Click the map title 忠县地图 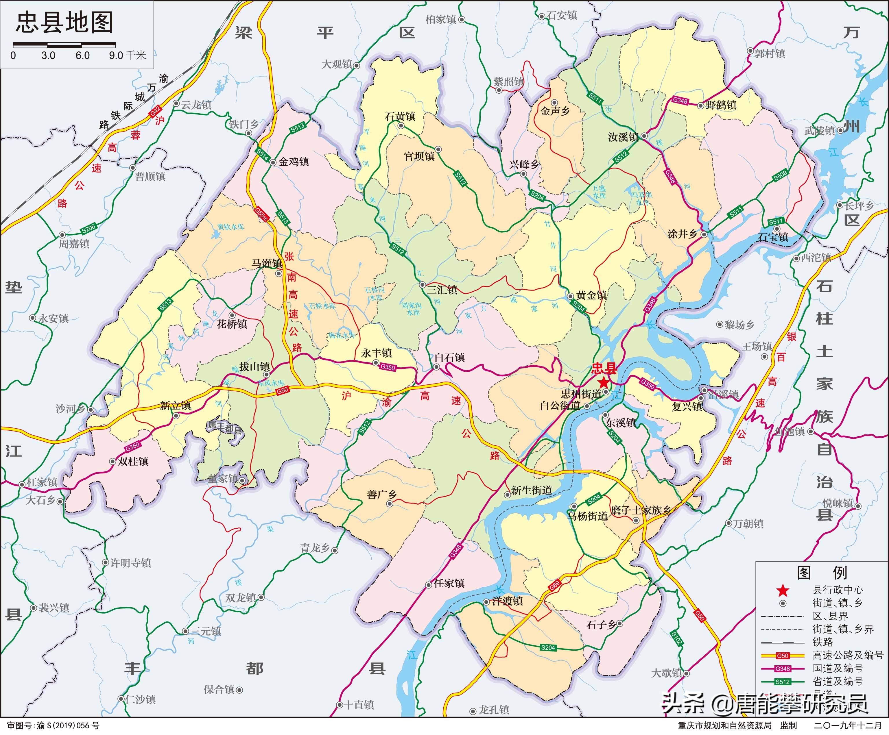tap(64, 23)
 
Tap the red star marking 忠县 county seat tap(603, 382)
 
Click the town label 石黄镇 tap(400, 116)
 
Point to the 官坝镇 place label tap(419, 156)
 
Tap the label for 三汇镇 tap(442, 290)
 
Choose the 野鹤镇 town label tap(721, 105)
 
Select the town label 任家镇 tap(449, 583)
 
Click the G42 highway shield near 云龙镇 tap(155, 111)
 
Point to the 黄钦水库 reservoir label tap(231, 227)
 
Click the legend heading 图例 tap(822, 573)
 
